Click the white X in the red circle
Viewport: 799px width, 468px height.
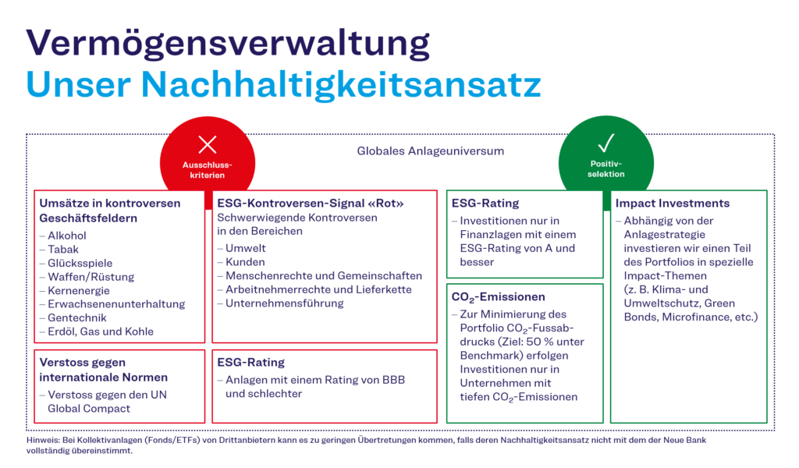pyautogui.click(x=208, y=144)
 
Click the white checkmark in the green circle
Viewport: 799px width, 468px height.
pyautogui.click(x=606, y=143)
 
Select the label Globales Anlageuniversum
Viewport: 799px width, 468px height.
pyautogui.click(x=431, y=151)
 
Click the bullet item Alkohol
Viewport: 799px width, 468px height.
pyautogui.click(x=67, y=236)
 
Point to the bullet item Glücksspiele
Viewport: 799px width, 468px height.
pyautogui.click(x=78, y=263)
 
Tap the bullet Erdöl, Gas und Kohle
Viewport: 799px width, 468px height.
pyautogui.click(x=101, y=331)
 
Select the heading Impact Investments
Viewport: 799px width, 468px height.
pyautogui.click(x=672, y=203)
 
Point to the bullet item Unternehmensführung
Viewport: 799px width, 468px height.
pyautogui.click(x=285, y=303)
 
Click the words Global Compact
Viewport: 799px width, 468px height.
pyautogui.click(x=89, y=408)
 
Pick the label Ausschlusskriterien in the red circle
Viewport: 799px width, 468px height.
pyautogui.click(x=208, y=170)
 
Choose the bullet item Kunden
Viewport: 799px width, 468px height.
pyautogui.click(x=245, y=262)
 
